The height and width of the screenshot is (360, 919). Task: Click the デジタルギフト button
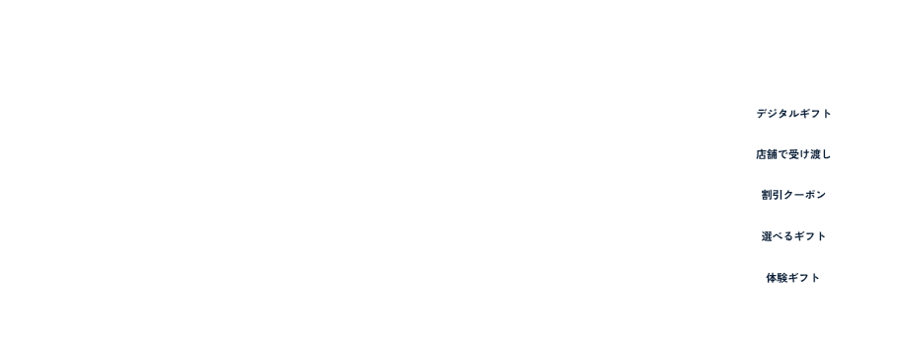(x=793, y=114)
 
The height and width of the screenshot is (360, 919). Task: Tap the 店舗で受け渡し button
(x=793, y=154)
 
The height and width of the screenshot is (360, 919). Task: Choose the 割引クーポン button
(x=793, y=196)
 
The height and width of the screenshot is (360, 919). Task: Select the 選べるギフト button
(x=793, y=237)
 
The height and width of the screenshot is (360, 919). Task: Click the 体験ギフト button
(x=793, y=279)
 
